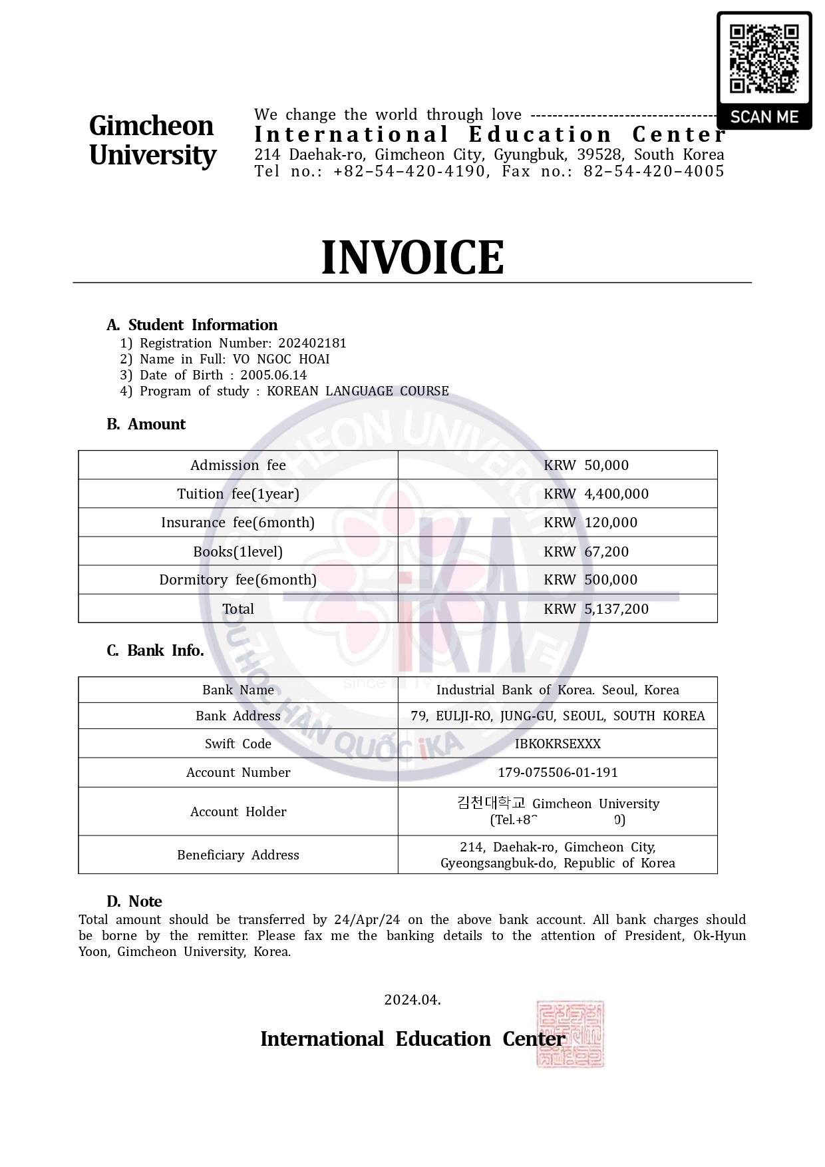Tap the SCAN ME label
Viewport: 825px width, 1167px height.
[x=764, y=117]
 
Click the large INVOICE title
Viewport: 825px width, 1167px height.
[x=412, y=258]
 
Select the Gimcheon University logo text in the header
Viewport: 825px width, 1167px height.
[x=152, y=140]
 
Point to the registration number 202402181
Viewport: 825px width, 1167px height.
[x=312, y=343]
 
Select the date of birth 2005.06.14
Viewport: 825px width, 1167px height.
[x=273, y=375]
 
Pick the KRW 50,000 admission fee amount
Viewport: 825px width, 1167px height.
[x=585, y=465]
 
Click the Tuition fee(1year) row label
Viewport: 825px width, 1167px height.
[x=238, y=493]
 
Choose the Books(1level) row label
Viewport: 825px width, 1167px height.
[x=238, y=551]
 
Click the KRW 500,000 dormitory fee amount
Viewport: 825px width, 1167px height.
[x=590, y=579]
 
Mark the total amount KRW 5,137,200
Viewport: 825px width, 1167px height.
[x=595, y=608]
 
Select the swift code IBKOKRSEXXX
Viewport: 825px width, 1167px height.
[x=558, y=744]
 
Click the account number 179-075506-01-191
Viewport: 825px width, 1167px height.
[x=558, y=772]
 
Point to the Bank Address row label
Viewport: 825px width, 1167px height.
[x=238, y=716]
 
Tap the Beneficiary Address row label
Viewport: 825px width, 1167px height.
[x=238, y=855]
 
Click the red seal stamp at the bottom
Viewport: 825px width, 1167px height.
[x=570, y=1033]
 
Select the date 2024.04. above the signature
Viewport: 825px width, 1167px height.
[x=412, y=999]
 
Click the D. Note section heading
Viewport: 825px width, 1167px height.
[x=134, y=901]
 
